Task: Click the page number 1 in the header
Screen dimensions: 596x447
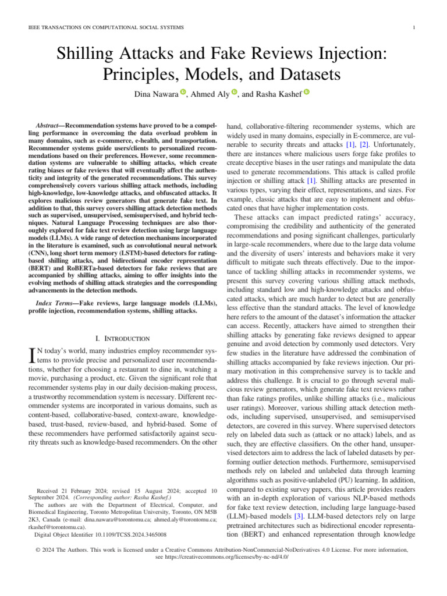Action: (413, 27)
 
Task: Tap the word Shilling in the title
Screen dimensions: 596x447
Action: (93, 57)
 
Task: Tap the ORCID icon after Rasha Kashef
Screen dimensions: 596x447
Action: (307, 92)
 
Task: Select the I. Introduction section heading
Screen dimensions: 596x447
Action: (122, 338)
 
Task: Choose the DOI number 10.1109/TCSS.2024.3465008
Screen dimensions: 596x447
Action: (129, 534)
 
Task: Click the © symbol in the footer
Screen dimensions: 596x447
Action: (37, 549)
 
